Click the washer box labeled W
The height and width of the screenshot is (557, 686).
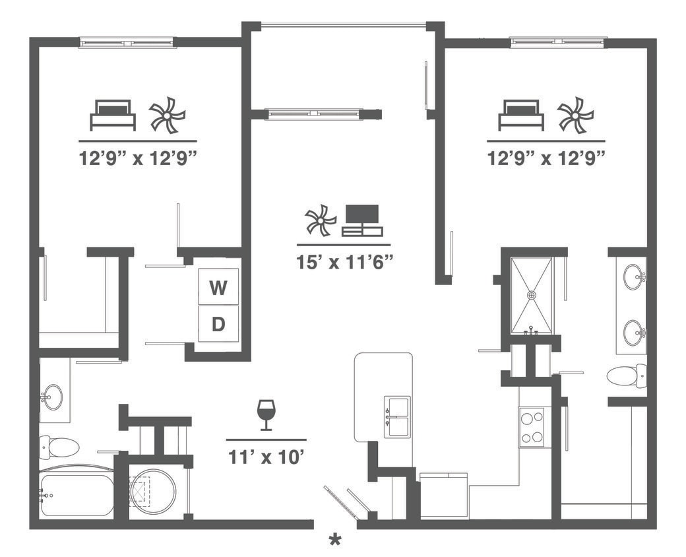coord(218,288)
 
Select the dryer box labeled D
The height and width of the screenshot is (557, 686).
coord(218,324)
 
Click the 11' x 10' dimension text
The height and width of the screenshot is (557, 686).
coord(266,457)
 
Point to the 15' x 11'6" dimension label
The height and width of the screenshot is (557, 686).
coord(344,262)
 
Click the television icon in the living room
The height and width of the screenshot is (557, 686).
coord(362,220)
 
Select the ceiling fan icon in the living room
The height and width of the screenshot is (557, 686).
coord(321,221)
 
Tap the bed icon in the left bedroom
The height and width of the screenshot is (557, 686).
coord(113,115)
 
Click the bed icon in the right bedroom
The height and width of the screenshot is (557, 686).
coord(520,115)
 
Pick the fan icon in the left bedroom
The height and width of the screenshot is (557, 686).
coord(167,115)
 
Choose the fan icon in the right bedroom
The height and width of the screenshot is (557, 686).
coord(575,115)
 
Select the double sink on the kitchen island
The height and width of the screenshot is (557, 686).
coord(397,416)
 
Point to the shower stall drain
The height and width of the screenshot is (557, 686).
coord(532,294)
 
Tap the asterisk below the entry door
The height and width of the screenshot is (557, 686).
coord(335,540)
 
